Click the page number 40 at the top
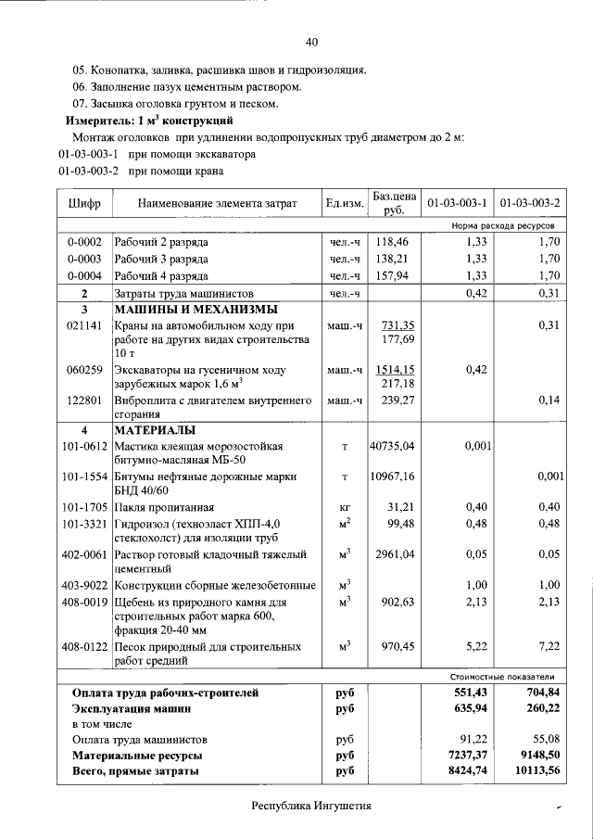pyautogui.click(x=312, y=42)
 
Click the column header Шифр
pyautogui.click(x=84, y=203)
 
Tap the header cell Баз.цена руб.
pyautogui.click(x=394, y=203)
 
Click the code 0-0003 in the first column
pyautogui.click(x=84, y=259)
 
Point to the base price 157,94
pyautogui.click(x=394, y=275)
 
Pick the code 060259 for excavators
pyautogui.click(x=84, y=370)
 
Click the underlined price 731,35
pyautogui.click(x=397, y=325)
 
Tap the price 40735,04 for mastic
pyautogui.click(x=393, y=447)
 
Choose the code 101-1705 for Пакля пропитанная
pyautogui.click(x=84, y=507)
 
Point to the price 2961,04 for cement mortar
pyautogui.click(x=394, y=554)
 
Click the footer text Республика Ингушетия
pyautogui.click(x=311, y=806)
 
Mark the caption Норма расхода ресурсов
pyautogui.click(x=503, y=225)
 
